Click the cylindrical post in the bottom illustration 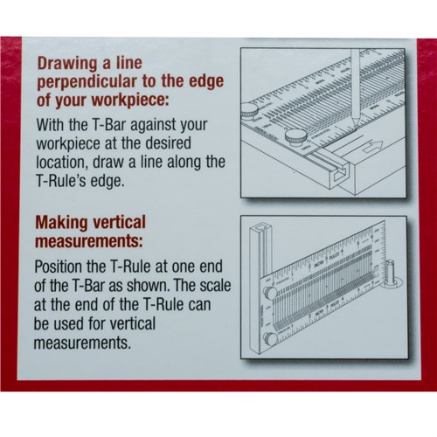pos(392,279)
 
